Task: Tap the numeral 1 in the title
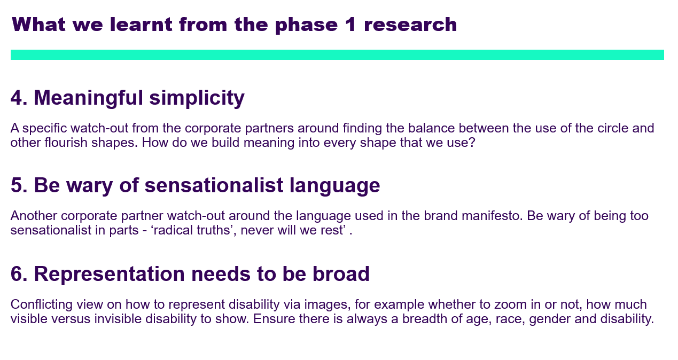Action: coord(350,24)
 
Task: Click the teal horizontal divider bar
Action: coord(337,55)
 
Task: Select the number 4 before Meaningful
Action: coord(16,98)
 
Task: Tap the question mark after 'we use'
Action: coord(472,143)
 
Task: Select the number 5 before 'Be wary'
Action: coord(16,185)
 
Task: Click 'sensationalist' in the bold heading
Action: coord(214,185)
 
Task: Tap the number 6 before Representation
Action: coord(16,274)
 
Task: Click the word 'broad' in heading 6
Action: coord(341,274)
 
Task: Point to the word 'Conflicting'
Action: coord(42,304)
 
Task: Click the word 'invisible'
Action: coord(118,319)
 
